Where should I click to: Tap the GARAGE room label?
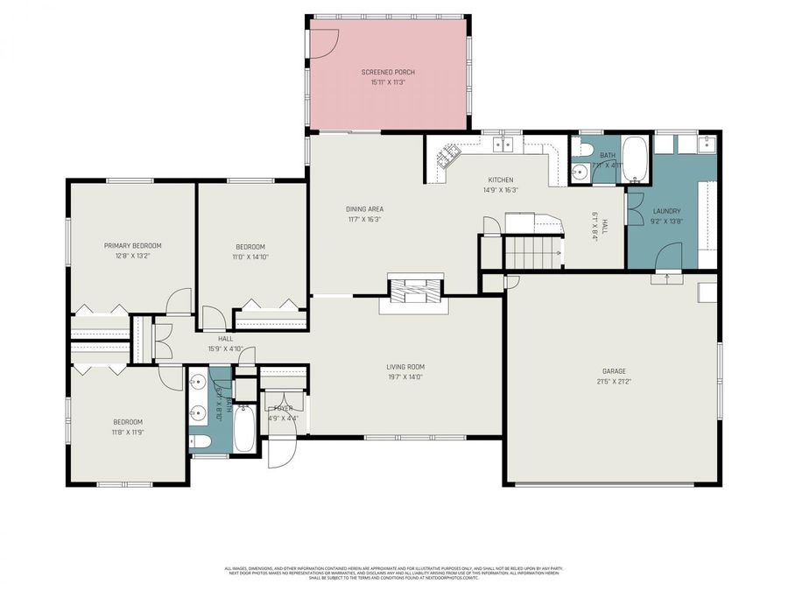[613, 371]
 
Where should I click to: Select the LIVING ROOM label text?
[405, 367]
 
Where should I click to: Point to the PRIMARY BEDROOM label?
[133, 246]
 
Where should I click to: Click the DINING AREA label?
[364, 209]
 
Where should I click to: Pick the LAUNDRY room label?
[666, 211]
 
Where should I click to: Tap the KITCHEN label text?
[501, 180]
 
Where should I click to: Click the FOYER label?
[283, 408]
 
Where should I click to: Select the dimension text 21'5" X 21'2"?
[613, 382]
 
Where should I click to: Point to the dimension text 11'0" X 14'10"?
[250, 257]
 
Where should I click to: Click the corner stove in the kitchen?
[449, 156]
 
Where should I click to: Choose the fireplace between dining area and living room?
[413, 289]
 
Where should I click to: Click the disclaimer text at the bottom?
[394, 573]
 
